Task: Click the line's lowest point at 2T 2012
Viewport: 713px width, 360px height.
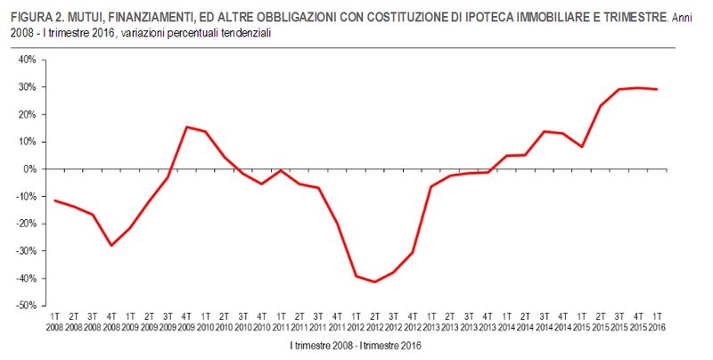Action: (x=374, y=282)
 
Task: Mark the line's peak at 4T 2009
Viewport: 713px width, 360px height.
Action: (x=186, y=127)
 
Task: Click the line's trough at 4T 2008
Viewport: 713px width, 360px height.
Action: (x=111, y=245)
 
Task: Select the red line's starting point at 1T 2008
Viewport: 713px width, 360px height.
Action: (x=54, y=200)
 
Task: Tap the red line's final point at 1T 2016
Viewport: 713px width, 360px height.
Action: (x=657, y=89)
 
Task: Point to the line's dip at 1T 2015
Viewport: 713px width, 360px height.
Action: (x=581, y=146)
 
